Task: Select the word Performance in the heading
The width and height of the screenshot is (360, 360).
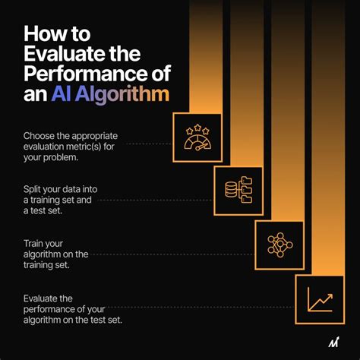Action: click(x=80, y=75)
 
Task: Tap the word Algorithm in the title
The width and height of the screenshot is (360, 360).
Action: click(x=122, y=96)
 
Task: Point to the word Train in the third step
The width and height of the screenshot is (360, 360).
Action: click(x=33, y=242)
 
